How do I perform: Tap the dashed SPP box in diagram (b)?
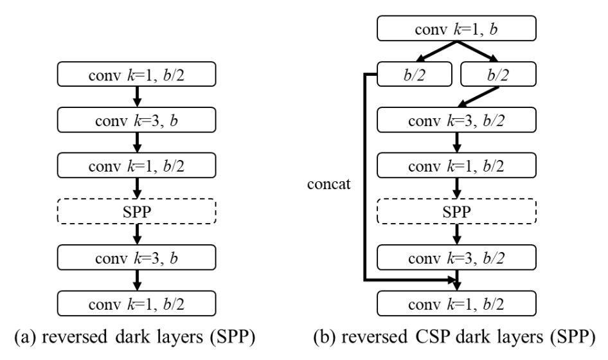pyautogui.click(x=456, y=210)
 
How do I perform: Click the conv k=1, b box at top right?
pyautogui.click(x=456, y=30)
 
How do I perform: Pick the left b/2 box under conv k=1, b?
pyautogui.click(x=415, y=75)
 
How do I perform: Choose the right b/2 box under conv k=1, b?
pyautogui.click(x=497, y=75)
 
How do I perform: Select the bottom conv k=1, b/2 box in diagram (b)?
pyautogui.click(x=456, y=300)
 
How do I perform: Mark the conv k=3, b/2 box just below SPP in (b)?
pyautogui.click(x=456, y=255)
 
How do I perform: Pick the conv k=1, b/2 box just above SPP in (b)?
pyautogui.click(x=456, y=165)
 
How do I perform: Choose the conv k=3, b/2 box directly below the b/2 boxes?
pyautogui.click(x=456, y=120)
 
